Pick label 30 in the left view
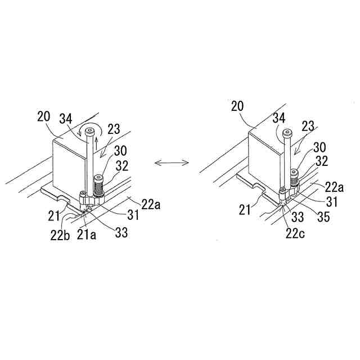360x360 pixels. coord(120,151)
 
